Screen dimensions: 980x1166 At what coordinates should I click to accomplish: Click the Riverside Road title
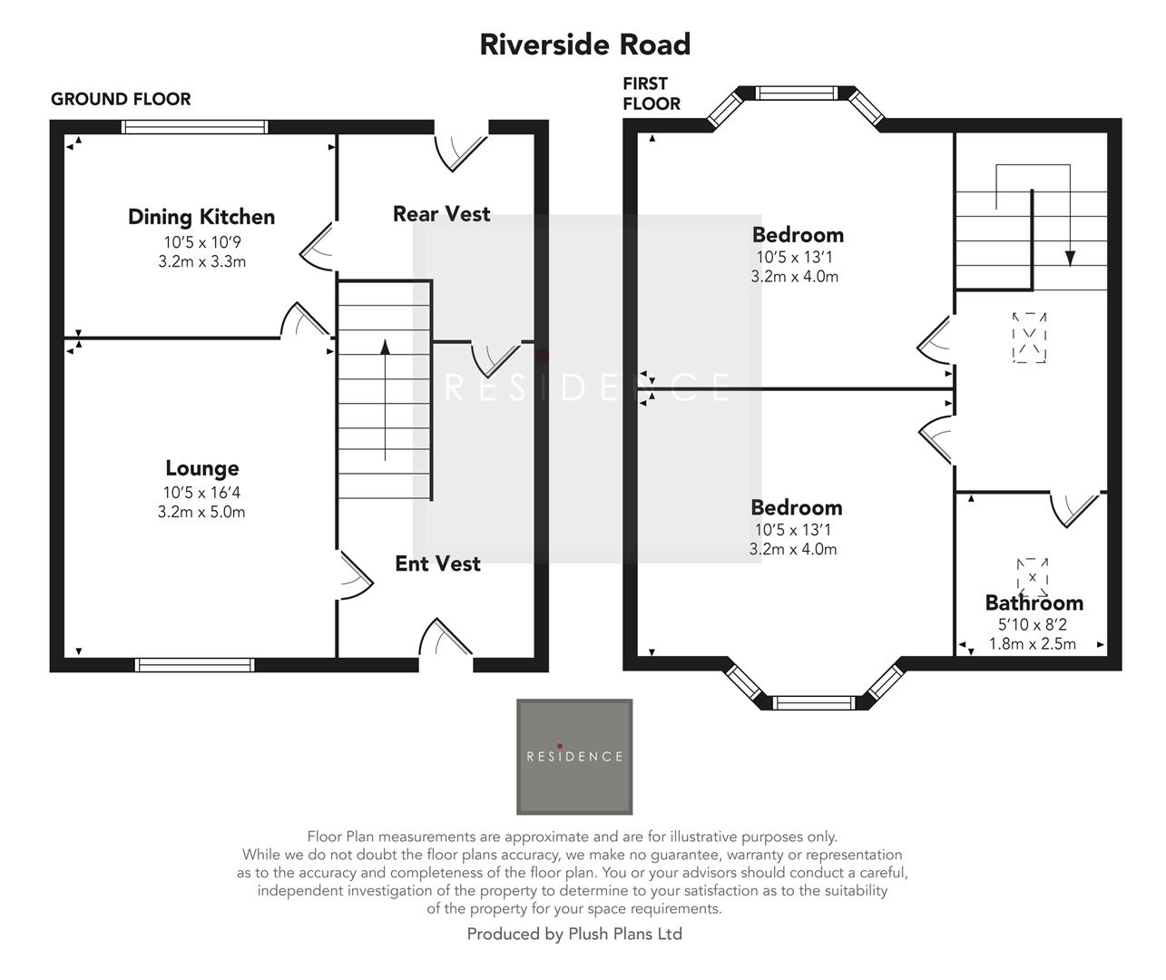point(584,44)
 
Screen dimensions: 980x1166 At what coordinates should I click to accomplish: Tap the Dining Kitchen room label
point(201,217)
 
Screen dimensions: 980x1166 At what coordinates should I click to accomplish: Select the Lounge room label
point(201,468)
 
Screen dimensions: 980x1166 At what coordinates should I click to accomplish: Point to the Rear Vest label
point(441,214)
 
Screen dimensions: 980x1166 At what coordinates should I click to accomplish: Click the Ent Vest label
point(437,563)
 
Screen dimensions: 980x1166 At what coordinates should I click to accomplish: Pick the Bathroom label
point(1034,603)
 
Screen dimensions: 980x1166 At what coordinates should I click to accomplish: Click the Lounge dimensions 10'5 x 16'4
point(201,493)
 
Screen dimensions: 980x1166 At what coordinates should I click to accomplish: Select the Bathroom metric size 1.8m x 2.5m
point(1033,643)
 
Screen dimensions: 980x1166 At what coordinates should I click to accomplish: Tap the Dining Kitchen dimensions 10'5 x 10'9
point(201,242)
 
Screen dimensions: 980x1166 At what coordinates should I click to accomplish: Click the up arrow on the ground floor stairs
point(385,347)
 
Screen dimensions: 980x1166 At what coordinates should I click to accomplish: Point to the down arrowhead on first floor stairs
point(1070,258)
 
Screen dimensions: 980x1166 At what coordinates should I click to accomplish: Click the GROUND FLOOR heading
point(121,99)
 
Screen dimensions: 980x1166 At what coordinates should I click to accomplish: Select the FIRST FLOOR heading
point(651,93)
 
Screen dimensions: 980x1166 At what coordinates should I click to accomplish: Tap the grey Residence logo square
point(574,756)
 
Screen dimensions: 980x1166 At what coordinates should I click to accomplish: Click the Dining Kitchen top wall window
point(195,127)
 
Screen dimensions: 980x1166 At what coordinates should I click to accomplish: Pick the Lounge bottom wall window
point(194,665)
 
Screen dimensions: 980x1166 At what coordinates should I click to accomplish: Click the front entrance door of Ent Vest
point(446,640)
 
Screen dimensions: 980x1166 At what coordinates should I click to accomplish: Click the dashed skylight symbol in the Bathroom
point(1033,576)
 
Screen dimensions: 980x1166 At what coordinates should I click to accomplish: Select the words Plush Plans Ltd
point(625,934)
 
